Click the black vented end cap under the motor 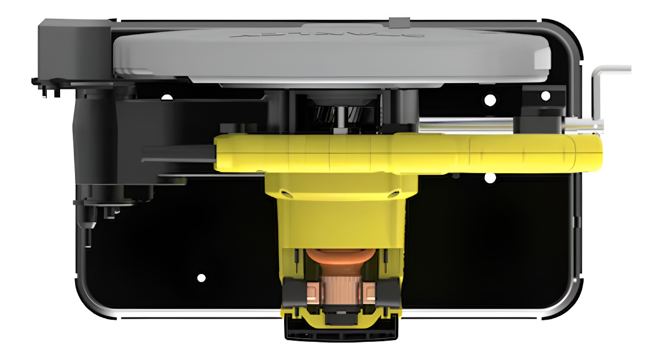pyautogui.click(x=341, y=331)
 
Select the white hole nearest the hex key pyautogui.click(x=546, y=96)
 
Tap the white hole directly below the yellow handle pyautogui.click(x=489, y=178)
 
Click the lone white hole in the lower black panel pyautogui.click(x=201, y=277)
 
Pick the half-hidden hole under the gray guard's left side pyautogui.click(x=166, y=97)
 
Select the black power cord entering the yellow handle pyautogui.click(x=177, y=153)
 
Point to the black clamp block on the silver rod pyautogui.click(x=538, y=119)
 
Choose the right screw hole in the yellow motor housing pyautogui.click(x=395, y=192)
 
